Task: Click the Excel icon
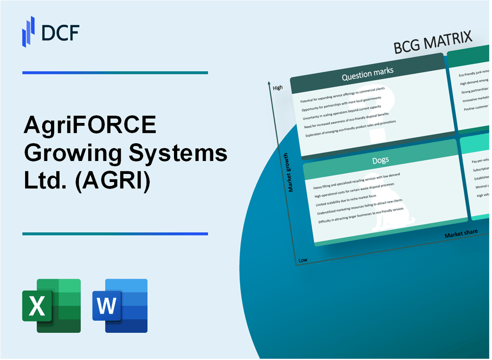coord(51,305)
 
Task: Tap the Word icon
coord(120,305)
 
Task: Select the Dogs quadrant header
coord(381,160)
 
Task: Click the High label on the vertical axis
coord(278,88)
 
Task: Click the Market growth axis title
coord(291,172)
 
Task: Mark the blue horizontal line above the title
coord(115,72)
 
